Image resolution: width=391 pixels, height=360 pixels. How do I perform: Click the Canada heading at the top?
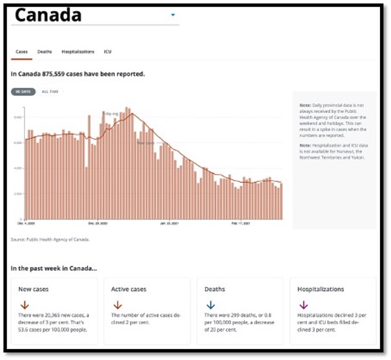tap(48, 15)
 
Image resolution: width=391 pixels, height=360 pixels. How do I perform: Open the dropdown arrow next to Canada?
tap(173, 14)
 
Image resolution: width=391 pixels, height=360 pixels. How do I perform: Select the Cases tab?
tap(21, 52)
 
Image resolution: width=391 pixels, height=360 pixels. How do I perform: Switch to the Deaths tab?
tap(45, 52)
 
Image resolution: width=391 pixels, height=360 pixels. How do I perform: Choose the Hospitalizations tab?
tap(77, 52)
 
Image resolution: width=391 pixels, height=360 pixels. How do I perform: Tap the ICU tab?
tap(107, 52)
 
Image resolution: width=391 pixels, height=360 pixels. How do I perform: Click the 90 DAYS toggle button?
tap(23, 92)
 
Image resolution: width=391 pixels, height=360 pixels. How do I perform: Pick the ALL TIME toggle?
tap(50, 92)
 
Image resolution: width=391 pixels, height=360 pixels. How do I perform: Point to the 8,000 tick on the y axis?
tap(18, 117)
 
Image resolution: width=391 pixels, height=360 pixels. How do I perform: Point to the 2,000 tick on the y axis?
tap(18, 194)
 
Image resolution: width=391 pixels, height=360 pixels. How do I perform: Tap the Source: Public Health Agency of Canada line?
tap(50, 239)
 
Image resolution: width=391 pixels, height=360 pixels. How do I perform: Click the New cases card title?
tap(33, 290)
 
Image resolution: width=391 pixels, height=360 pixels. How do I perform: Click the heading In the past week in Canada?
tap(54, 268)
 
